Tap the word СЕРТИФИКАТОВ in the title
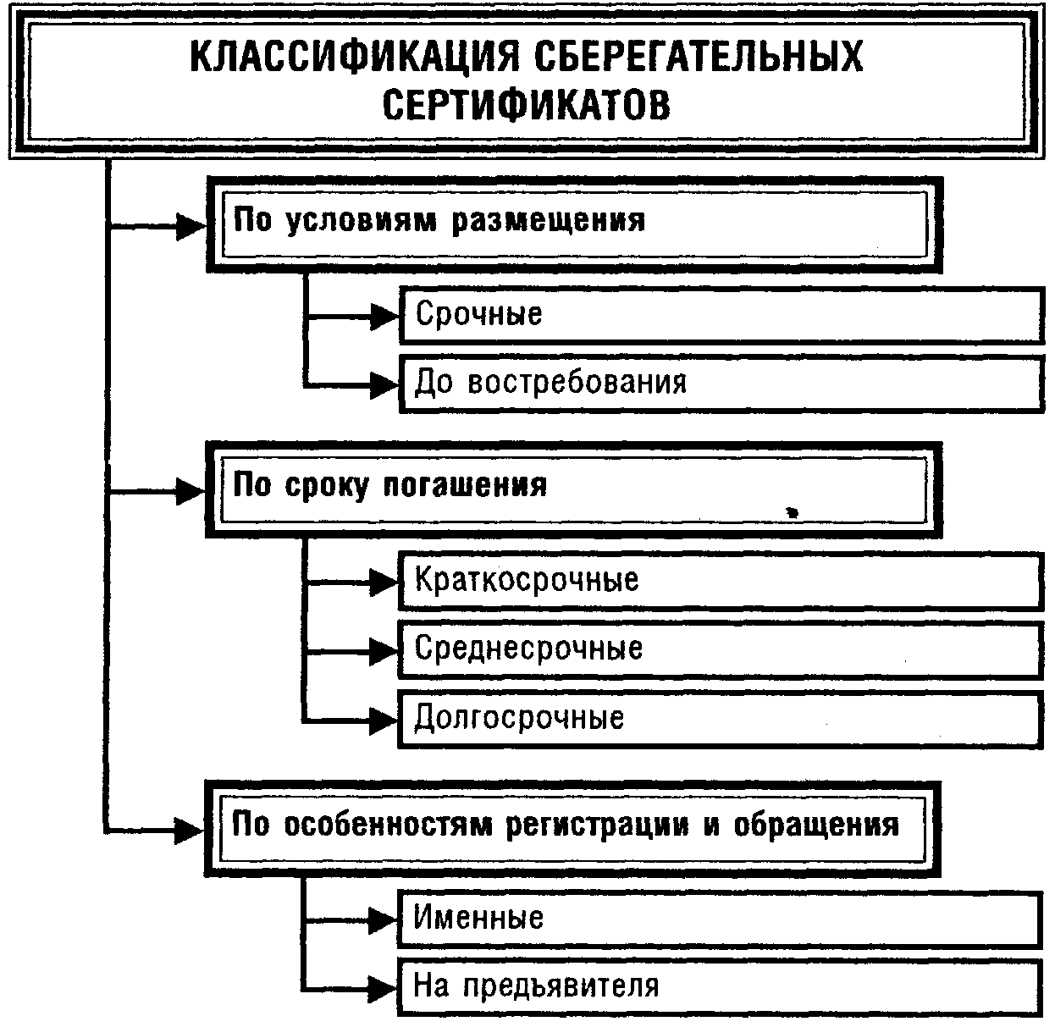527,108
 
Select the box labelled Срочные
720,315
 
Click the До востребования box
720,384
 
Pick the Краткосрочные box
720,581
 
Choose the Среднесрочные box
720,649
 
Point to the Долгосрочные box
720,719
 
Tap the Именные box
720,918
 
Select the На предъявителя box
720,986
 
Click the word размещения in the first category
549,220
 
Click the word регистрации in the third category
597,825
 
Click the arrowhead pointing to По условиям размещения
191,226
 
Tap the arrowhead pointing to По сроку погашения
191,491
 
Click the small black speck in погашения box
793,511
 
